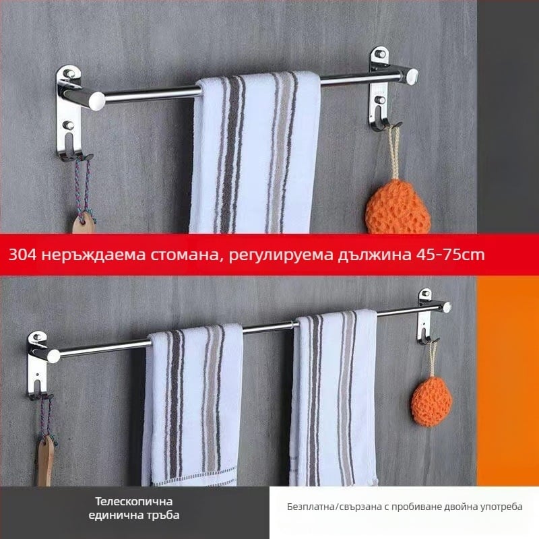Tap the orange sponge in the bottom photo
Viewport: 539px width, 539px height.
(431, 402)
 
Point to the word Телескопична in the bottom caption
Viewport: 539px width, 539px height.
(134, 501)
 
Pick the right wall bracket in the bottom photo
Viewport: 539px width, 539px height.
(426, 317)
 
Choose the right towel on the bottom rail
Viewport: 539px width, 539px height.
(334, 398)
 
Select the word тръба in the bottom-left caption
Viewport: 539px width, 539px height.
(166, 515)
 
